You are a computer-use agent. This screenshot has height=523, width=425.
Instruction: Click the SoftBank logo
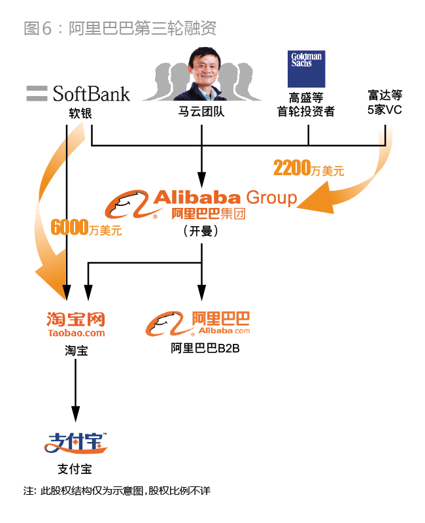pyautogui.click(x=78, y=93)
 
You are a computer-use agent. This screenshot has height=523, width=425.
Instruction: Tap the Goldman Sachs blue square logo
pyautogui.click(x=306, y=69)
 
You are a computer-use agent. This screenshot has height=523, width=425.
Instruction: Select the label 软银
pyautogui.click(x=80, y=112)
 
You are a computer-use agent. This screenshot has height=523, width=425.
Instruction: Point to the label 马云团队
pyautogui.click(x=201, y=112)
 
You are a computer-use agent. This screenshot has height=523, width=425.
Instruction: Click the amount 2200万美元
pyautogui.click(x=308, y=169)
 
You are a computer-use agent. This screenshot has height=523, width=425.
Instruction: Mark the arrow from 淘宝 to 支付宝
pyautogui.click(x=76, y=389)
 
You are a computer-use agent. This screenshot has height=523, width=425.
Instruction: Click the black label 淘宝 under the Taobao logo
pyautogui.click(x=76, y=350)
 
